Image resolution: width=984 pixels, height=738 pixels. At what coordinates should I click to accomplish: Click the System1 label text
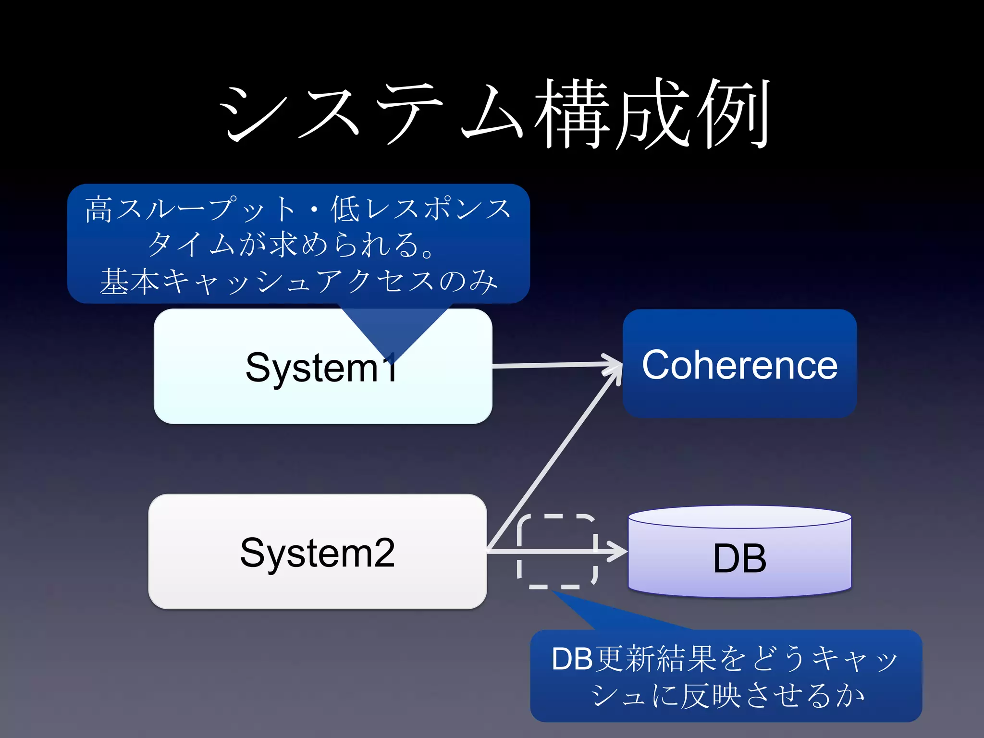321,368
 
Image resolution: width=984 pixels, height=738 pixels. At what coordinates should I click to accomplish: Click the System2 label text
317,553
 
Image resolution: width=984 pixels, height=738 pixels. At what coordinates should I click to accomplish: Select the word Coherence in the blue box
739,365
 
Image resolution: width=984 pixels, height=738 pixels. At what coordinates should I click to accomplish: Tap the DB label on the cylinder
739,558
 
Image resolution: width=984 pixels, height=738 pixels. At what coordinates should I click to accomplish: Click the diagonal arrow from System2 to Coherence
553,461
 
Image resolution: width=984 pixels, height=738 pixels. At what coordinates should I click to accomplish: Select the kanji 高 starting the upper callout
99,209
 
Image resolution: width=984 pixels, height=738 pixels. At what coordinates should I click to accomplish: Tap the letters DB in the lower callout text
572,659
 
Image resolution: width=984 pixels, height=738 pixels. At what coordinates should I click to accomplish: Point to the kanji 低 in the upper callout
345,209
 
